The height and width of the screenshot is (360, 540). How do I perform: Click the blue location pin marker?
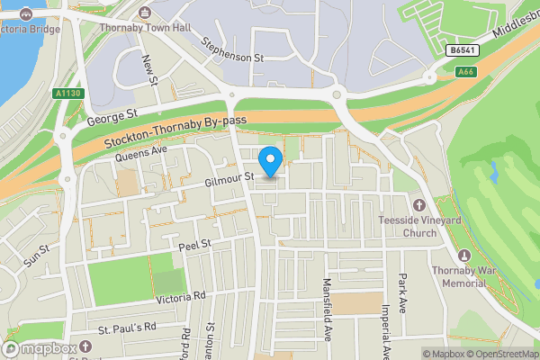tap(271, 161)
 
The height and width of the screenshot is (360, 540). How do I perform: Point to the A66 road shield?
tap(464, 72)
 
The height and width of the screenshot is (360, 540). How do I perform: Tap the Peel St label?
tap(193, 244)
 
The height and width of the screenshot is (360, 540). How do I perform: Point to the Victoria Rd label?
tap(180, 295)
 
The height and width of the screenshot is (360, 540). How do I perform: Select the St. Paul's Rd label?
tap(127, 326)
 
